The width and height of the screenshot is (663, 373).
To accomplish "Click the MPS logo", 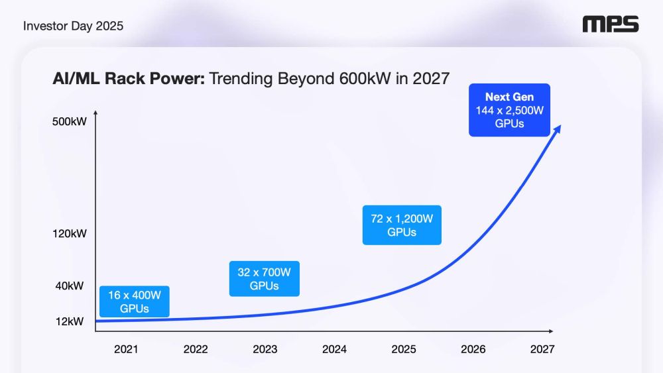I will click(610, 25).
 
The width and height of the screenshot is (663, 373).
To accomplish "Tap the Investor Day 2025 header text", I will click(73, 26).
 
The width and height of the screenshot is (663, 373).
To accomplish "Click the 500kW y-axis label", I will click(70, 122).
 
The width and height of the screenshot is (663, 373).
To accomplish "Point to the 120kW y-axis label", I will click(70, 233).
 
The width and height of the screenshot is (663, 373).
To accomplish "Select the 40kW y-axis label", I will click(70, 286).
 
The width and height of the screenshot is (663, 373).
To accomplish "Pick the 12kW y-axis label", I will click(70, 321).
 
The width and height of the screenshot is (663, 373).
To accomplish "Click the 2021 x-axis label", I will click(126, 349).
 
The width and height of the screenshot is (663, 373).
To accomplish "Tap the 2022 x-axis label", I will click(196, 349).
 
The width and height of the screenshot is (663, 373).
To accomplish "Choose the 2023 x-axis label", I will click(265, 349).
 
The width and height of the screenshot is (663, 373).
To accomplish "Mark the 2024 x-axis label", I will click(334, 349).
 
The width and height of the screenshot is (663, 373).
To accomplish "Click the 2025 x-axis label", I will click(404, 349).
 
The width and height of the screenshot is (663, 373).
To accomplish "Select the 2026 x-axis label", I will click(473, 349).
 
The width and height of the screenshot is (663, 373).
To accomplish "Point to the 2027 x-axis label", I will click(542, 349).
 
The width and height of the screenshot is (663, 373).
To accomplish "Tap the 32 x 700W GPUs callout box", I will click(264, 278).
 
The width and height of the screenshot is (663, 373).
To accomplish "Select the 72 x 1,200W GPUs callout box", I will click(402, 225).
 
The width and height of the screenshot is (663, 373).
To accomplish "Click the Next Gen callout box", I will click(509, 110).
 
